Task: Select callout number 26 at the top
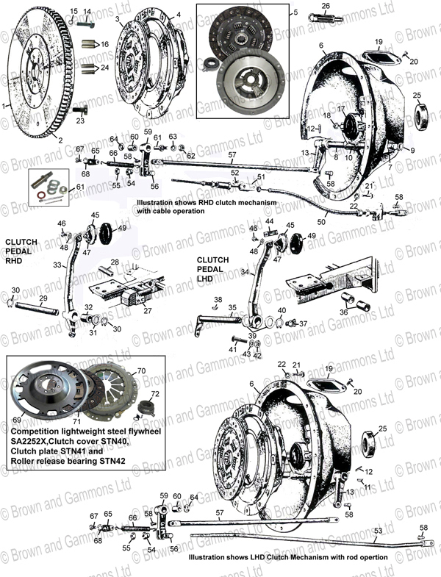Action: click(x=326, y=7)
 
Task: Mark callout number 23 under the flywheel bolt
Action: click(x=79, y=121)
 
